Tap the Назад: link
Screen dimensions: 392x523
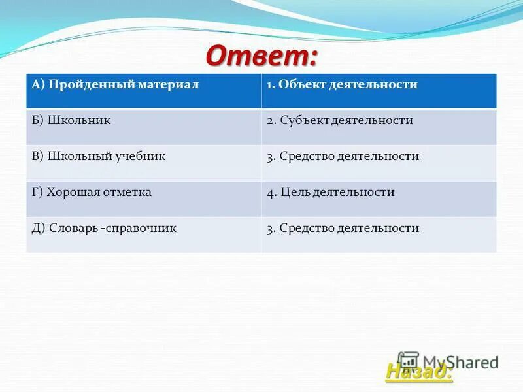(x=418, y=371)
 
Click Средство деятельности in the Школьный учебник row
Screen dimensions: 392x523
(x=349, y=157)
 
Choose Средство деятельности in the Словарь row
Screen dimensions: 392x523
(x=349, y=228)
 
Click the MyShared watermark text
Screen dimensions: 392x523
(x=461, y=361)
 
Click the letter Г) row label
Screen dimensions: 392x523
(x=37, y=192)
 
